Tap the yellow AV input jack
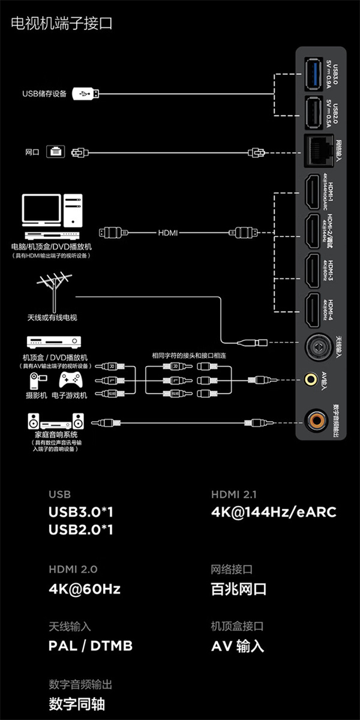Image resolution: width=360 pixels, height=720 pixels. [311, 379]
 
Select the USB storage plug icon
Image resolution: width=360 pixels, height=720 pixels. [86, 94]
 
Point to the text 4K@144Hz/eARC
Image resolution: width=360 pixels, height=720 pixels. [274, 512]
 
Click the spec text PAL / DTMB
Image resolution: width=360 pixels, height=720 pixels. [91, 646]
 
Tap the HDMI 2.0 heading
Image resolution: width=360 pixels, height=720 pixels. [73, 569]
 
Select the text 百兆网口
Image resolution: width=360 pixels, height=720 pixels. [239, 589]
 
